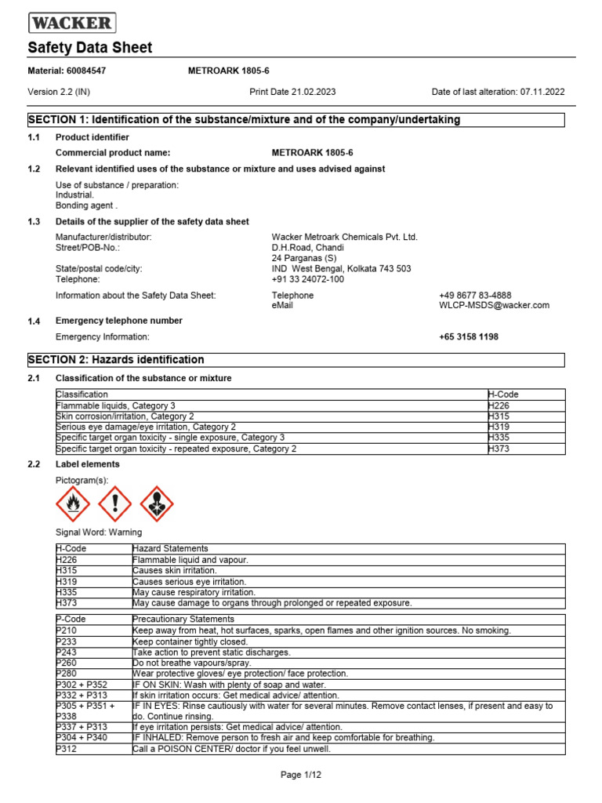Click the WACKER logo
71,22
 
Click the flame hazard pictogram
72,503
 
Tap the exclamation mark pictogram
114,503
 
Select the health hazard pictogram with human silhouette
156,503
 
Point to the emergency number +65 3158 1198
468,336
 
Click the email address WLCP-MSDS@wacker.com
494,305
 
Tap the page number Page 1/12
301,776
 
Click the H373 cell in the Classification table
499,449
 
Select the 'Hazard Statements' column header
170,548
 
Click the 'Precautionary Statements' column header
184,619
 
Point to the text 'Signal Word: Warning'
99,532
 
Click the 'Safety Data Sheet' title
90,48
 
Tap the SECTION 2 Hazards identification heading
116,360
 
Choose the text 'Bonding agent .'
86,205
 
